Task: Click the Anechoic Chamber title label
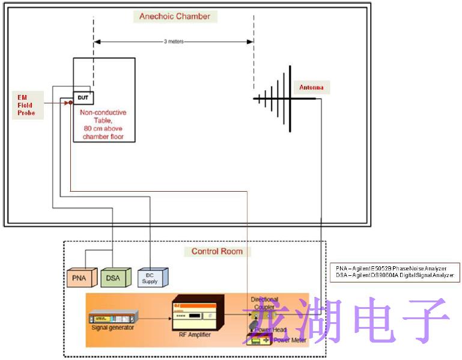tap(175, 16)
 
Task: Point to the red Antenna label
tap(311, 88)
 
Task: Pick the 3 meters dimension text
tap(174, 41)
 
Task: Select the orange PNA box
tap(78, 277)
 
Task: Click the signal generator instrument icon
tap(112, 317)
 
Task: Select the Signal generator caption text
tap(113, 328)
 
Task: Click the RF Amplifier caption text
tap(195, 335)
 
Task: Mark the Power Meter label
tap(290, 340)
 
